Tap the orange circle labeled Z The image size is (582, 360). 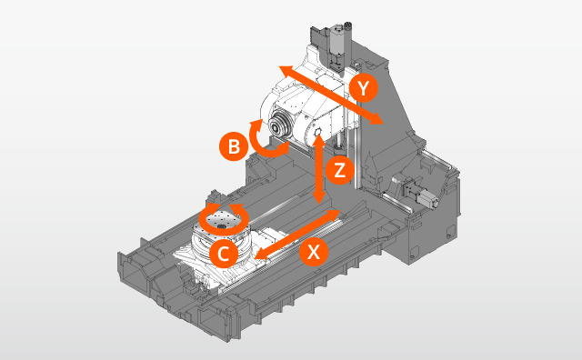[x=338, y=169]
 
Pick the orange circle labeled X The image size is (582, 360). [x=314, y=253]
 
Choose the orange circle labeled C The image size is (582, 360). [x=223, y=252]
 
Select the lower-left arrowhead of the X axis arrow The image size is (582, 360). [x=261, y=259]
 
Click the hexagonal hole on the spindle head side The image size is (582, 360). [x=317, y=136]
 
